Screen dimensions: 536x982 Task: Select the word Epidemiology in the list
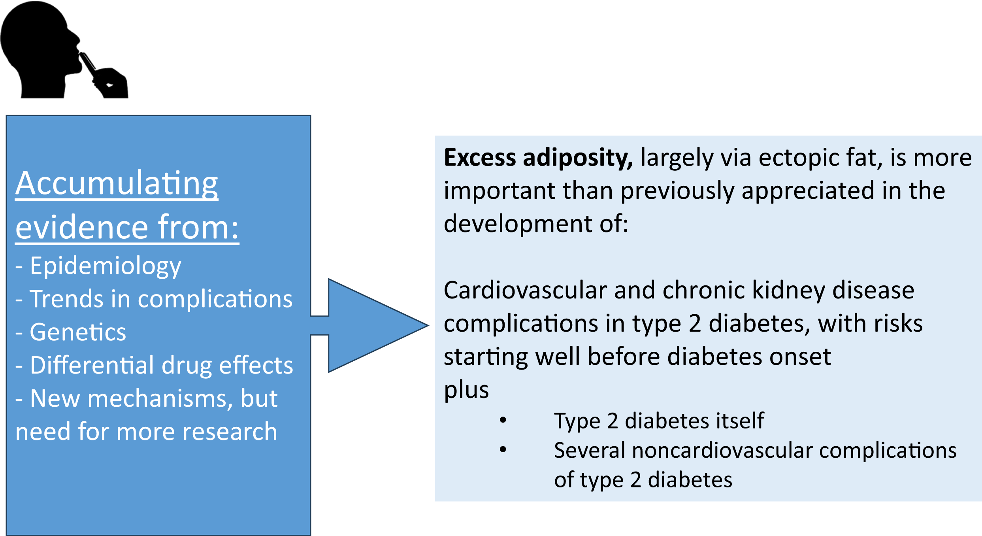click(106, 266)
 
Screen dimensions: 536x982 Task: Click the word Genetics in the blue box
click(78, 332)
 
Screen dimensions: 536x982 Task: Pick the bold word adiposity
click(578, 158)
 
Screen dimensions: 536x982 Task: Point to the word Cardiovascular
click(525, 291)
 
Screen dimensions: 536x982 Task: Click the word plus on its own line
click(466, 390)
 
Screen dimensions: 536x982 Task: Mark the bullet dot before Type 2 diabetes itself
click(503, 420)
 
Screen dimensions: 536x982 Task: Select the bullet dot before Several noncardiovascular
click(503, 449)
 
